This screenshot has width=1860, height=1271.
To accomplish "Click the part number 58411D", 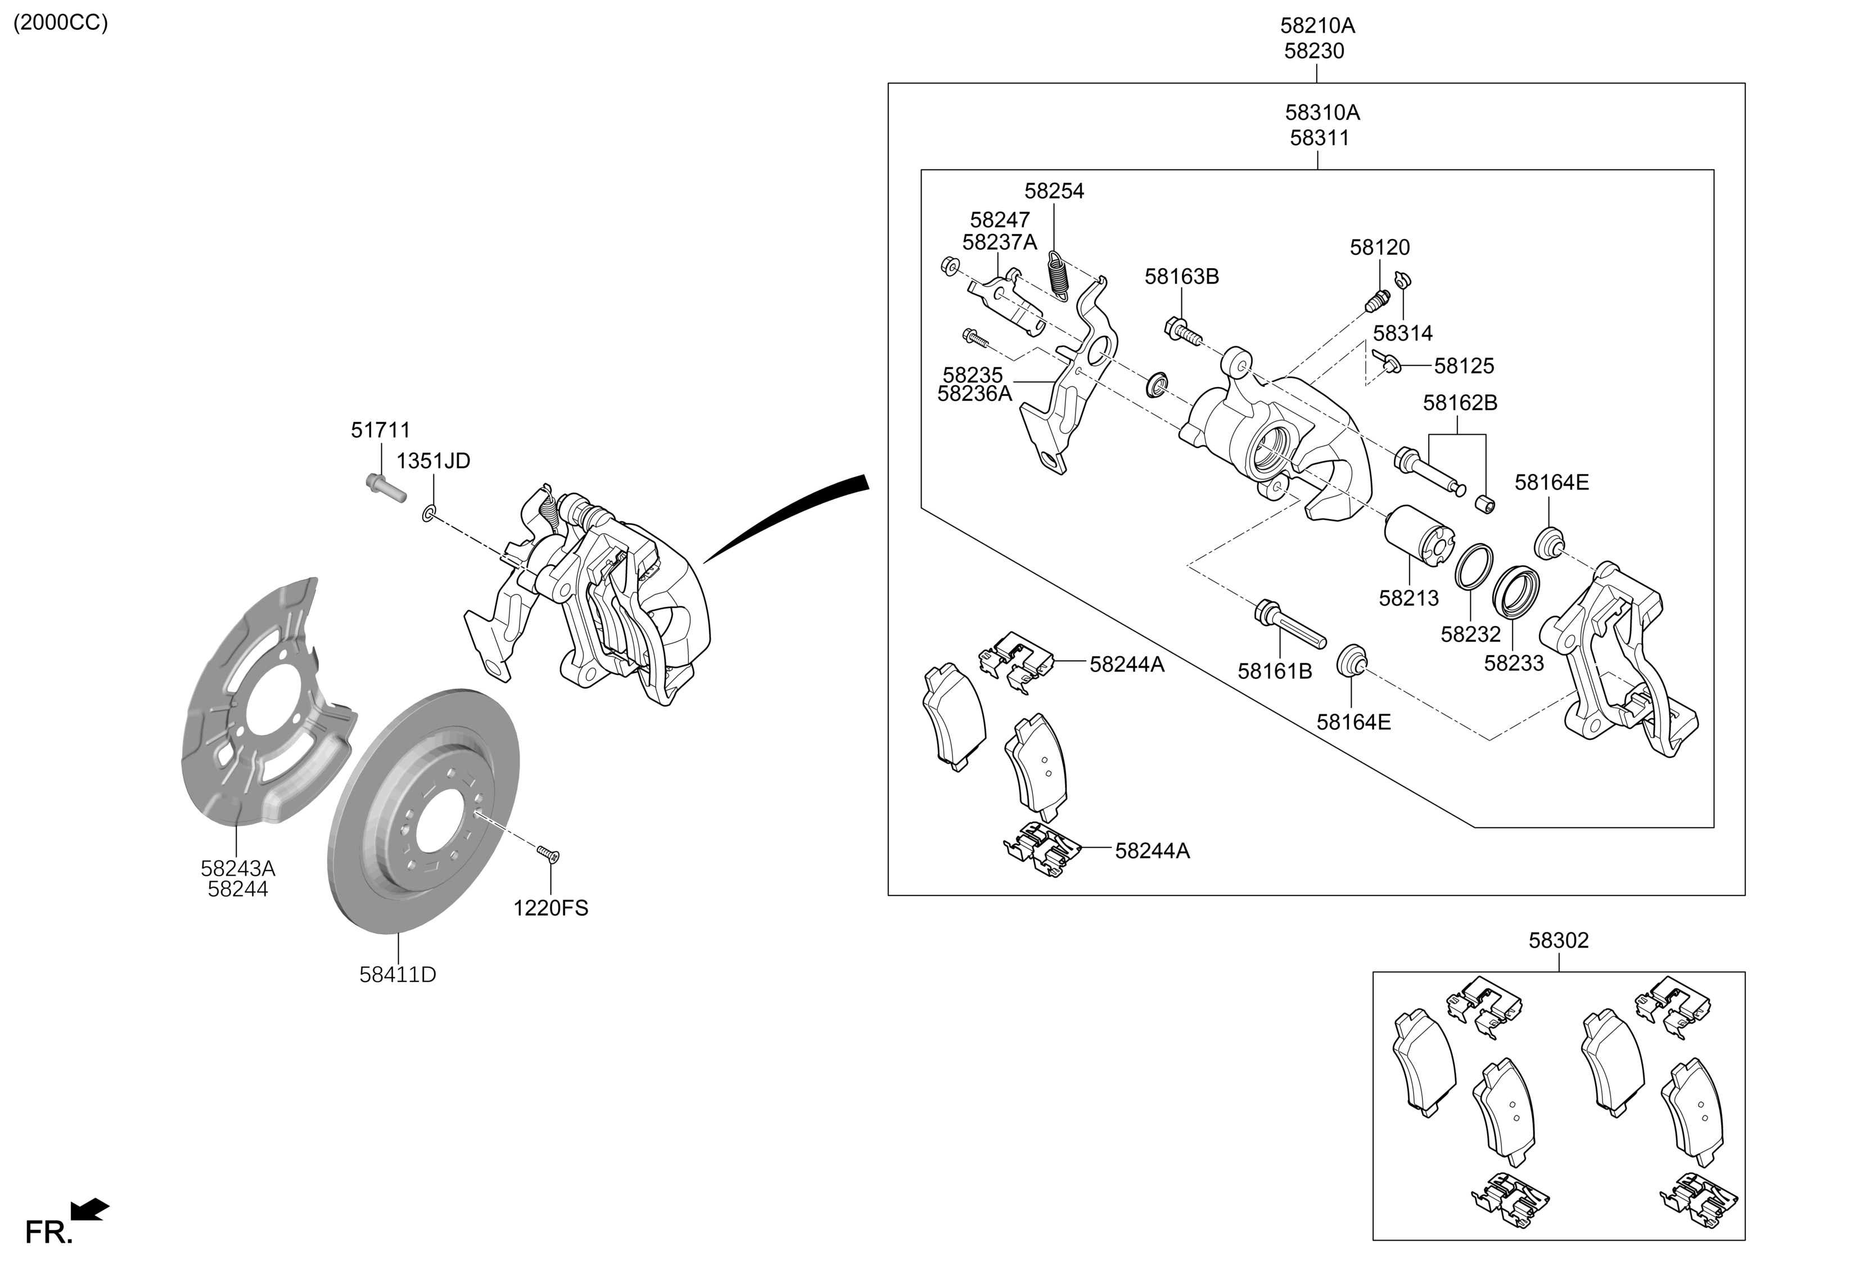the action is (398, 975).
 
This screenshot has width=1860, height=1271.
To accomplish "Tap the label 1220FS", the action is (550, 908).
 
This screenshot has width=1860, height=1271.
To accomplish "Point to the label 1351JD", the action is (434, 461).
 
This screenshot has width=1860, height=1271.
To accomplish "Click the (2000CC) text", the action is (61, 22).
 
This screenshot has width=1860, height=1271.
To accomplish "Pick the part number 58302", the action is (1558, 940).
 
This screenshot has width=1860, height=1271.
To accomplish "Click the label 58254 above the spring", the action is (1054, 191).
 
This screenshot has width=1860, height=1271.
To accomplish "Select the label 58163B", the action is (1181, 277).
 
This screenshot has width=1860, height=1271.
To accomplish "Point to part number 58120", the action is (1380, 248).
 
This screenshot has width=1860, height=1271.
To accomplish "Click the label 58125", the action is (1464, 366).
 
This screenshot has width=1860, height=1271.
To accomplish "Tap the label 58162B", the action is (1460, 403).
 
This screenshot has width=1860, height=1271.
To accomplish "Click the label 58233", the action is (1514, 664).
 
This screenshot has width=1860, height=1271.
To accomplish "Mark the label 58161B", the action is (1275, 671).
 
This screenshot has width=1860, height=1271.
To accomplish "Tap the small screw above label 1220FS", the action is (548, 854).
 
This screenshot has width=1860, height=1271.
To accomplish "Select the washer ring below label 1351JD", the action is (429, 513).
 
